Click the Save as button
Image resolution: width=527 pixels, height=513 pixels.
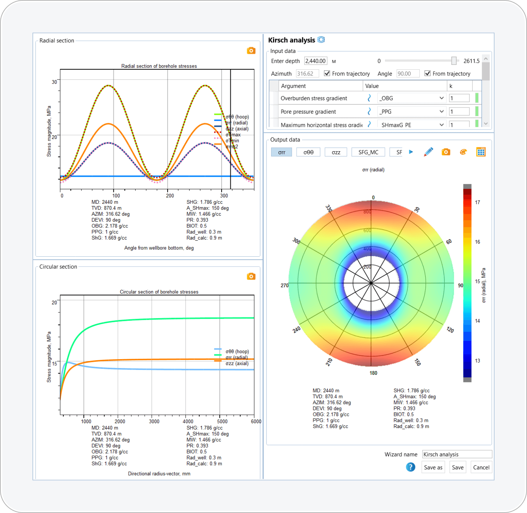433,467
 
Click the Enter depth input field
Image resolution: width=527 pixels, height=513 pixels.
316,61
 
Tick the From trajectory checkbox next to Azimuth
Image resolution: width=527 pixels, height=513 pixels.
327,74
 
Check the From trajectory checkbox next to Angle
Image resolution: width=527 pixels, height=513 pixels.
428,74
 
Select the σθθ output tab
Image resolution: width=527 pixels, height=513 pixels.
308,152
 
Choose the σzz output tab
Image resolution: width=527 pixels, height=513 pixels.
336,152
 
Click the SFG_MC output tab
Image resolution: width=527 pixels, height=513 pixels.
368,152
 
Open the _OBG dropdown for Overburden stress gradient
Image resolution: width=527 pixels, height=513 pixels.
441,98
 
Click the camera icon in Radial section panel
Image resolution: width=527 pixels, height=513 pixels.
251,51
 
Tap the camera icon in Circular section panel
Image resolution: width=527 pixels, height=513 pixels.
251,276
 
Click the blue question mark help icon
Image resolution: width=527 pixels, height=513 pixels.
410,467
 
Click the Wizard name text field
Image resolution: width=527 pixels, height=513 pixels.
457,454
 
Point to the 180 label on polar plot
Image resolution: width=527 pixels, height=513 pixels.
373,373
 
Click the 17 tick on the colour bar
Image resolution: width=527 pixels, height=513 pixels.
477,202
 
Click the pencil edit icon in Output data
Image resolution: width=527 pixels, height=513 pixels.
429,152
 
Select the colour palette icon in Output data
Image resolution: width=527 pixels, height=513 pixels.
463,152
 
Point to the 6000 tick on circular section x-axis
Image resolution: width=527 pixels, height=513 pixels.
256,421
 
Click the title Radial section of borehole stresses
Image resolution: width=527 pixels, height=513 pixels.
159,66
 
